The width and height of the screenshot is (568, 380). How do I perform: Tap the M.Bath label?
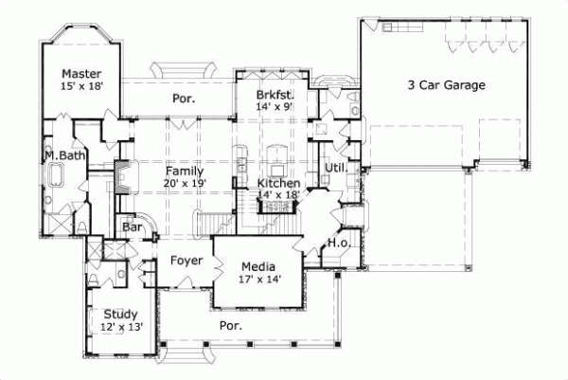[60, 155]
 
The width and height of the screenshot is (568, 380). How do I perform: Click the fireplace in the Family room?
[123, 177]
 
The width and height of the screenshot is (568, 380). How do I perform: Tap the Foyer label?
[187, 260]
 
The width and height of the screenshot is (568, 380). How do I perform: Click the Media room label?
[257, 266]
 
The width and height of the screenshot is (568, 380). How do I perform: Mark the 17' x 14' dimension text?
[257, 280]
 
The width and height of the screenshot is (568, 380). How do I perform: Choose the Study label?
[121, 315]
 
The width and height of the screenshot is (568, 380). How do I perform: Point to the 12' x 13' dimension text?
[121, 328]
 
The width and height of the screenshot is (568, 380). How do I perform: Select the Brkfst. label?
[276, 96]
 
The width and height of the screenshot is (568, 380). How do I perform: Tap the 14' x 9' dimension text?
[276, 108]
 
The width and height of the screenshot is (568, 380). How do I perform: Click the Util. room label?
[337, 169]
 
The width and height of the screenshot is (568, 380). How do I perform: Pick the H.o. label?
[339, 244]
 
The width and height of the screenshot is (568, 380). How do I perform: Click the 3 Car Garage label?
[446, 85]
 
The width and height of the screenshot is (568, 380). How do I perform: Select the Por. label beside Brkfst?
[184, 98]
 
